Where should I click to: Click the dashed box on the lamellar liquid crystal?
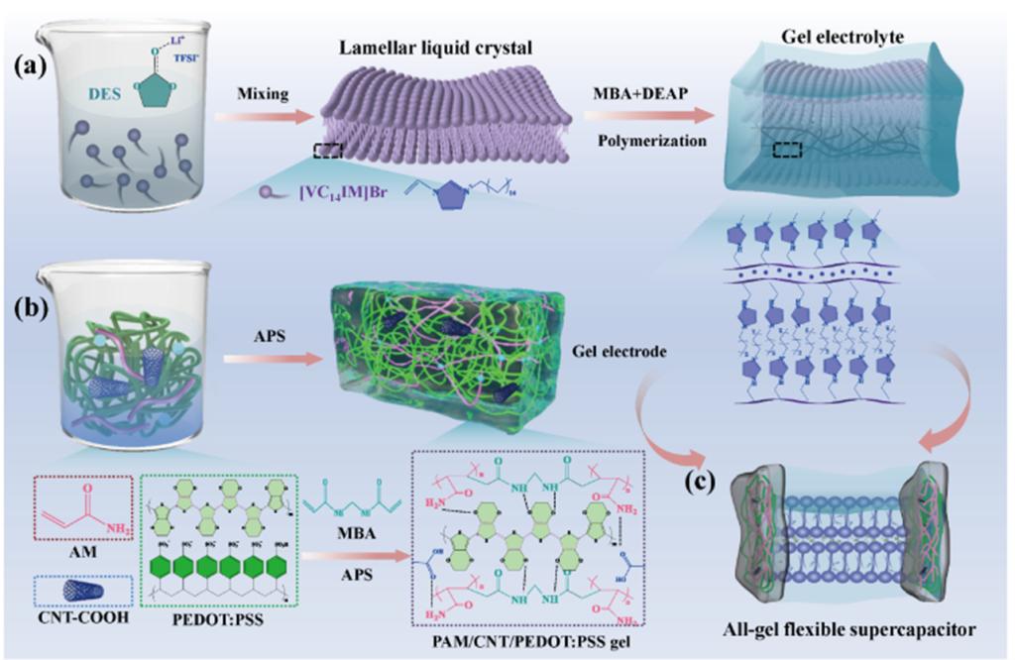pyautogui.click(x=328, y=151)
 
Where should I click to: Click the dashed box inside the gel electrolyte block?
pyautogui.click(x=790, y=151)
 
